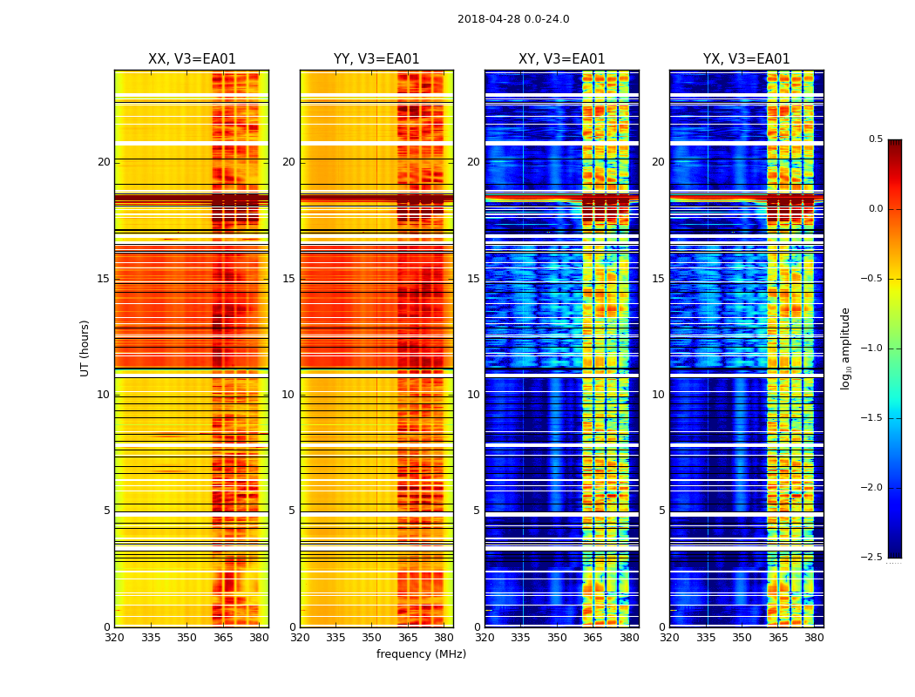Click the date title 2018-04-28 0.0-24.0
click(513, 19)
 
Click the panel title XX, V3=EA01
click(192, 59)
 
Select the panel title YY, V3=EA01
click(376, 59)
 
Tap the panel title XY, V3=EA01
click(561, 59)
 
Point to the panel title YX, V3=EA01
click(746, 59)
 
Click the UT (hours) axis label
click(85, 348)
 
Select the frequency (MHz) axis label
click(421, 654)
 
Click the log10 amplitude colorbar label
click(845, 348)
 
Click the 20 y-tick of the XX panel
click(104, 162)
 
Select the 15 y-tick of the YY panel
click(288, 279)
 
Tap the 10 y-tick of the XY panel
click(473, 395)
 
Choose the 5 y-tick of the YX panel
click(661, 511)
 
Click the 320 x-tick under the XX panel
click(114, 639)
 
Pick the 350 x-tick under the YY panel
click(372, 639)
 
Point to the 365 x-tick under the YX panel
click(777, 639)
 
